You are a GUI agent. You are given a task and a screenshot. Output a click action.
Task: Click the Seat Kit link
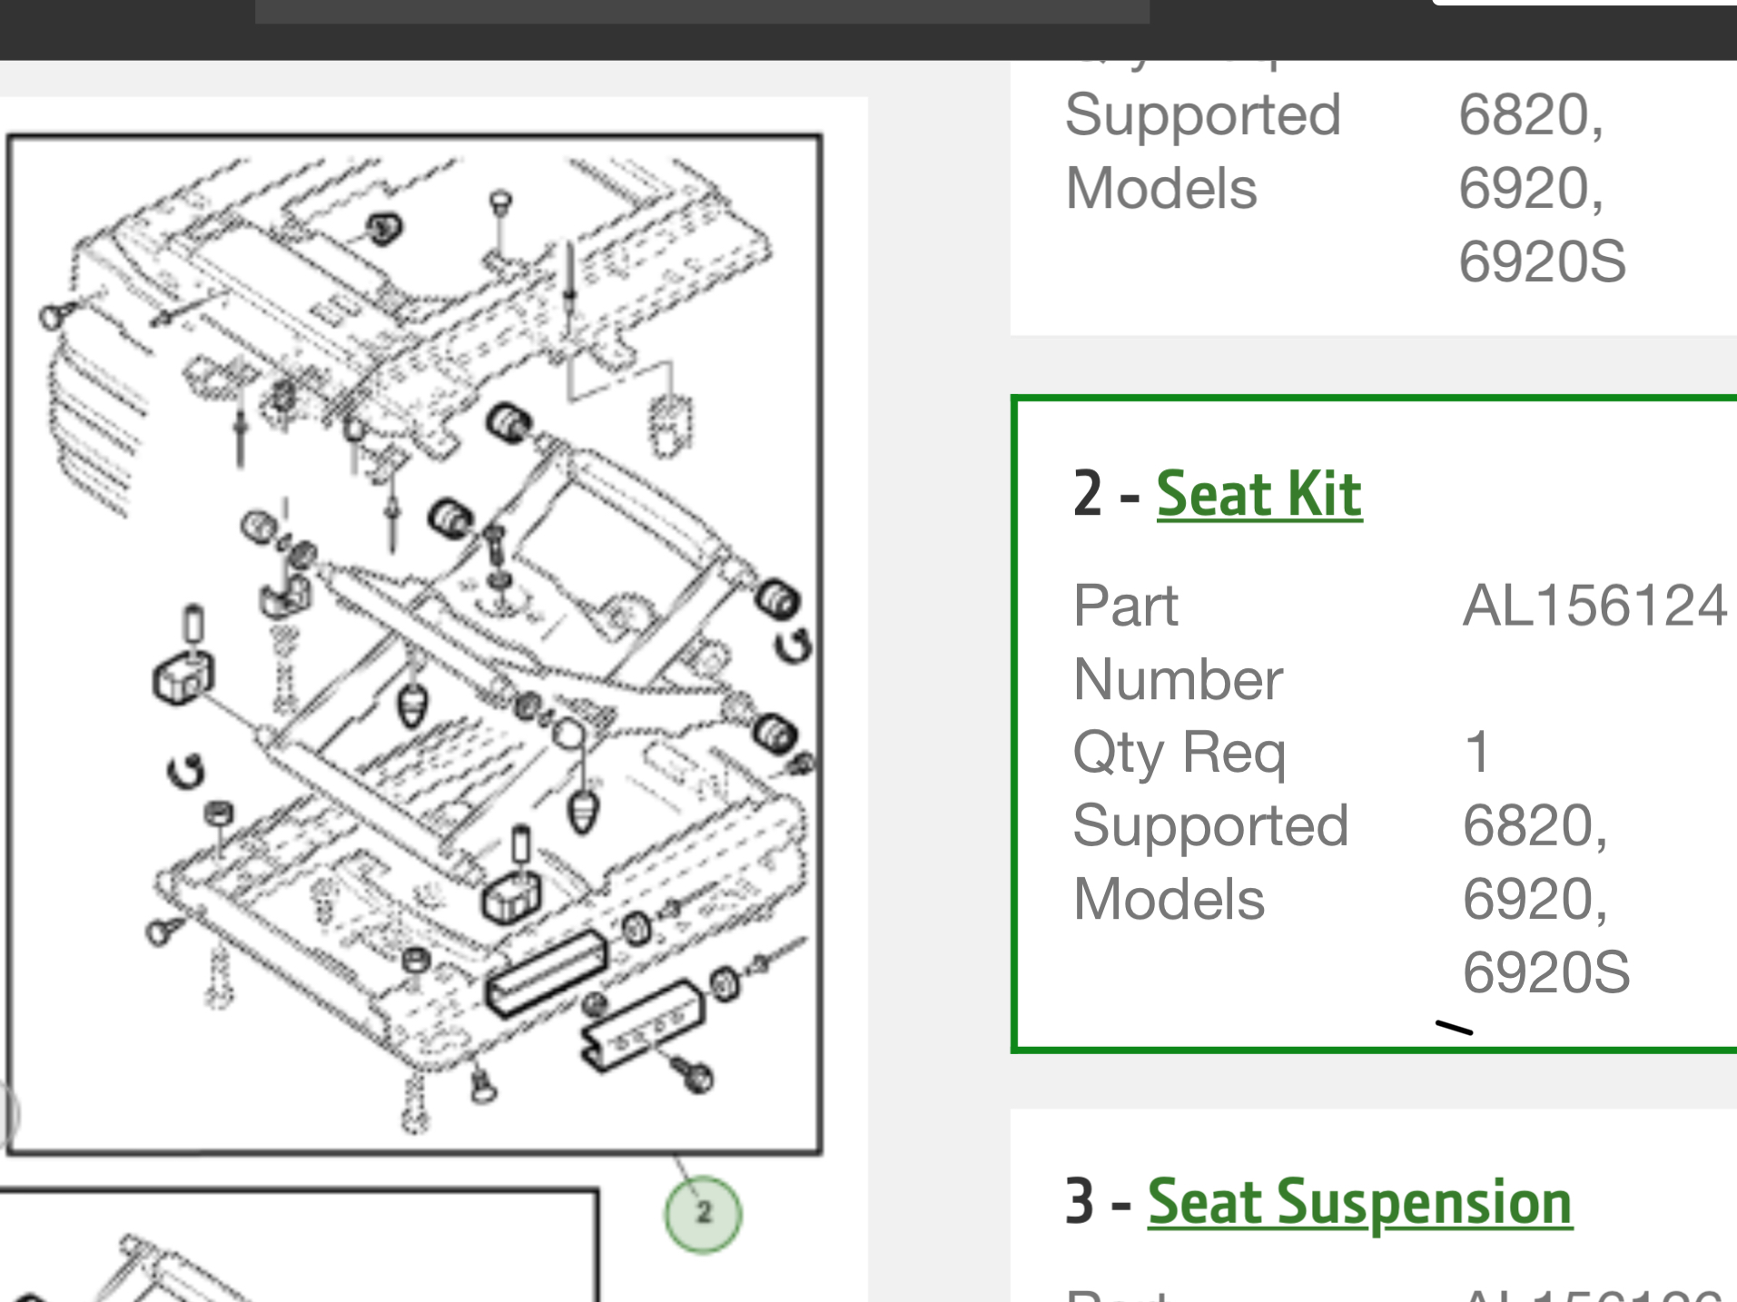(x=1258, y=495)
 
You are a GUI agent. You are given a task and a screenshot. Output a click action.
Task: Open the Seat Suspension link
(x=1359, y=1202)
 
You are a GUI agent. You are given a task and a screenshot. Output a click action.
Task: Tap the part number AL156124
(x=1594, y=606)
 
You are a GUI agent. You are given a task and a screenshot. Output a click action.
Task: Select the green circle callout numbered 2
(x=703, y=1214)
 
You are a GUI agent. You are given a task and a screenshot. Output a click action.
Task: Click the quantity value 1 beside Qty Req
(x=1477, y=753)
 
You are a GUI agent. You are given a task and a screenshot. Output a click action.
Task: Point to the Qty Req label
(x=1179, y=753)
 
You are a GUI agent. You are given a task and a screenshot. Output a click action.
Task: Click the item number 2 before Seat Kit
(x=1087, y=495)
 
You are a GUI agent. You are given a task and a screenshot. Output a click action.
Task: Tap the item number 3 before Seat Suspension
(x=1080, y=1202)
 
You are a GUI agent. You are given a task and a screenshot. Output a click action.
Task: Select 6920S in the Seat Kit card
(x=1545, y=972)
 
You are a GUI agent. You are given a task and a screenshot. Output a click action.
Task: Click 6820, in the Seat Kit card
(x=1535, y=825)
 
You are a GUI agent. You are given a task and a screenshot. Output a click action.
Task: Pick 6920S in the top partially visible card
(x=1542, y=261)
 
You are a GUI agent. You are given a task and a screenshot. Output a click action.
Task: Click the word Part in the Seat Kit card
(x=1125, y=606)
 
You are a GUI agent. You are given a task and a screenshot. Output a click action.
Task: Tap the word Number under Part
(x=1178, y=679)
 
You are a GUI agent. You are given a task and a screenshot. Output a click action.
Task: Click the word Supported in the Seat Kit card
(x=1209, y=825)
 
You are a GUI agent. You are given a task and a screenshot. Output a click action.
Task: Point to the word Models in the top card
(x=1160, y=189)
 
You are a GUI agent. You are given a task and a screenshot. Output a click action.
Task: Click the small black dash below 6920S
(x=1454, y=1028)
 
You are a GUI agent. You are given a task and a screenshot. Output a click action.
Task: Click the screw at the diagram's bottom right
(x=694, y=1075)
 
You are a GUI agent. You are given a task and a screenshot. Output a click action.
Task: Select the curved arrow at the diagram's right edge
(x=794, y=646)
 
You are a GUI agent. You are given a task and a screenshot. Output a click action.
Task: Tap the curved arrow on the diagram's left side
(x=185, y=772)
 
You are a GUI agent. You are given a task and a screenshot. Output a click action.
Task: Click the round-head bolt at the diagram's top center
(x=500, y=202)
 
